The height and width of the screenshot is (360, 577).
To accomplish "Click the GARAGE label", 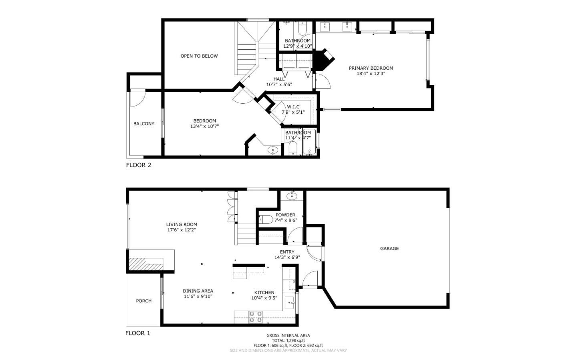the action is tap(389, 249).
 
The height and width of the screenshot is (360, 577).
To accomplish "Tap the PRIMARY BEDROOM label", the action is tap(371, 68).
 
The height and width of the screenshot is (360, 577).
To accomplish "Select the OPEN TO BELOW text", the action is tap(199, 56).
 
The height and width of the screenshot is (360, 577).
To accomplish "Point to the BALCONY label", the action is tap(144, 124).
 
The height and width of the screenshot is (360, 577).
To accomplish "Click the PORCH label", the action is tap(144, 301).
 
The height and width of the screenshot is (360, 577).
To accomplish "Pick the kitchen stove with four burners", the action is tap(256, 317).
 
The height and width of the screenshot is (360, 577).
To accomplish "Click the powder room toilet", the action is tap(266, 219).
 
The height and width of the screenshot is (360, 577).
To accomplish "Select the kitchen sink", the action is tap(289, 303).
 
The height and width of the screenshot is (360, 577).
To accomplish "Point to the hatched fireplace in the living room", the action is tap(146, 264).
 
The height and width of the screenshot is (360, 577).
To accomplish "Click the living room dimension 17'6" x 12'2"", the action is tap(182, 230).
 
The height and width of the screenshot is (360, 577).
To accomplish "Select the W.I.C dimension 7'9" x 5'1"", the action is tap(293, 112).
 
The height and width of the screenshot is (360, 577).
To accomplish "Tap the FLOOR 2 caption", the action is tap(139, 165).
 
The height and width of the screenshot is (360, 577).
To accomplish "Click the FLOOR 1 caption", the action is tap(137, 333).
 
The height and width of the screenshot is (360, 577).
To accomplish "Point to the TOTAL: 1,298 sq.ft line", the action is tap(288, 340).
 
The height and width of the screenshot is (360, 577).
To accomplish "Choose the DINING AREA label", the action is tap(198, 291).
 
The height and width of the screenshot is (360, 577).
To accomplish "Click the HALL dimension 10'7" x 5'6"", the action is tap(279, 84).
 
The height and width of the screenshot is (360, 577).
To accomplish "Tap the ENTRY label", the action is tap(287, 252).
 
